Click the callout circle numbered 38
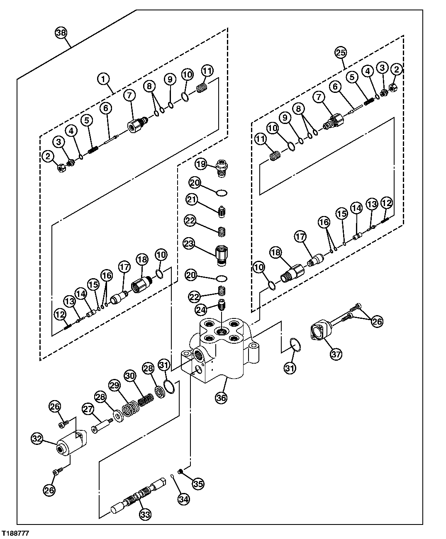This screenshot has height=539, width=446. [x=61, y=33]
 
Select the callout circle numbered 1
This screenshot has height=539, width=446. [x=104, y=78]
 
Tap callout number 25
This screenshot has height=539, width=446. [x=341, y=53]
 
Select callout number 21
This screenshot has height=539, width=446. [x=191, y=200]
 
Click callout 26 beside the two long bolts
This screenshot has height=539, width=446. [x=377, y=321]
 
